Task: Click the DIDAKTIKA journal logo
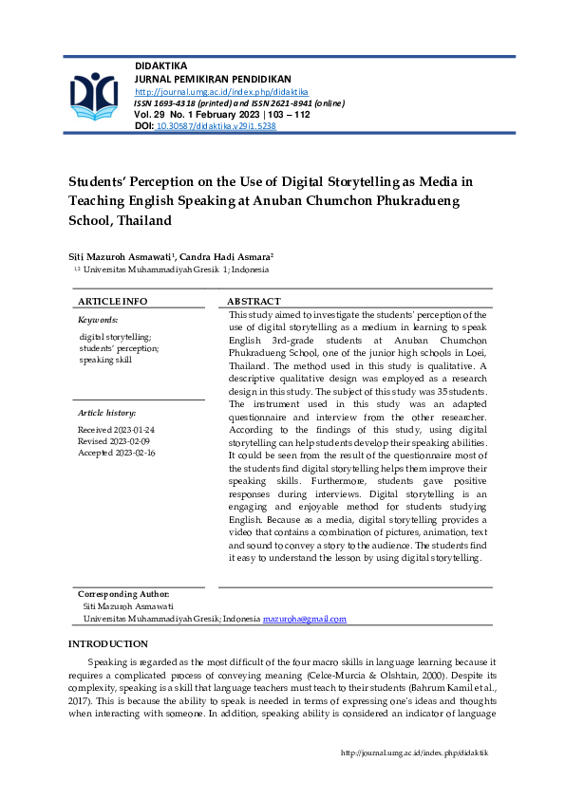92,97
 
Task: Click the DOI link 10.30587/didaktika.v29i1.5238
215,125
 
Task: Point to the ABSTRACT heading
254,301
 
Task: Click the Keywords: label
98,321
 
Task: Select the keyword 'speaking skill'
105,360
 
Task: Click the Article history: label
106,413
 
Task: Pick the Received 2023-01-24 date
116,430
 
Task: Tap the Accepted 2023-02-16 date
116,453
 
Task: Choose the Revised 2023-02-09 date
114,441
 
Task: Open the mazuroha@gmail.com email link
304,619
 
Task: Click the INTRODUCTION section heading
108,644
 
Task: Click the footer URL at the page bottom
414,753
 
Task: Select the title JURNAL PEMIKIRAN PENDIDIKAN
213,79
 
